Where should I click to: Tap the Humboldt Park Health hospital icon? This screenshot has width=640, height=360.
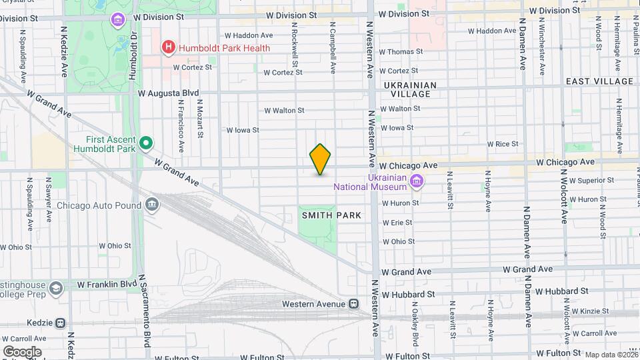point(169,47)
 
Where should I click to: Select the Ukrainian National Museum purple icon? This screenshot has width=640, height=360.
point(417,181)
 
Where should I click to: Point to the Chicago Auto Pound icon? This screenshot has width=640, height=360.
point(153,204)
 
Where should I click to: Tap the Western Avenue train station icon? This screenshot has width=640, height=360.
point(355,304)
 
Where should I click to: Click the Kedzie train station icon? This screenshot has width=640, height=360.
point(60,323)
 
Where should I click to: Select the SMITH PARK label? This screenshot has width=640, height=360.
point(331,215)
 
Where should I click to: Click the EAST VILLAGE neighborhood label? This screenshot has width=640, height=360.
point(599,81)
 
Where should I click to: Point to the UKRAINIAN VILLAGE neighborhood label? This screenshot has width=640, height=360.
point(410,89)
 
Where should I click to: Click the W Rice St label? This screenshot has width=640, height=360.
point(503,144)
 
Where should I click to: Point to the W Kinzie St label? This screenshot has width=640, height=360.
point(589,312)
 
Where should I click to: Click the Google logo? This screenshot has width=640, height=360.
point(22,352)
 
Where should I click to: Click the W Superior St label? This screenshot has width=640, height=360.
point(589,180)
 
